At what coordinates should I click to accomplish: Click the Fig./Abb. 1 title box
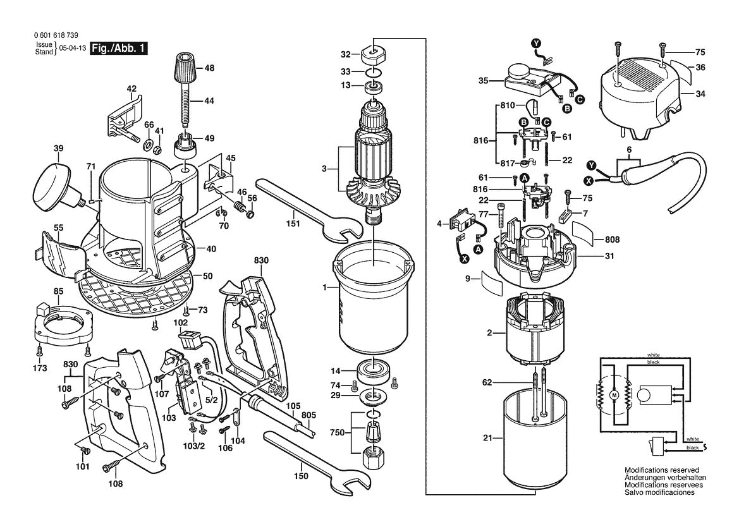point(119,49)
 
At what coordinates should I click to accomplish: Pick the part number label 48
point(209,68)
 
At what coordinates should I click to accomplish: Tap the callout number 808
point(612,240)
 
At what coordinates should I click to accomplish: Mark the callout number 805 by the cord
point(308,415)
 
